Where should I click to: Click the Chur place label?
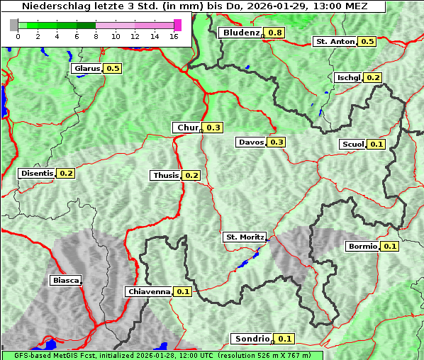pyautogui.click(x=188, y=128)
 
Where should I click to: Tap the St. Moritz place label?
pyautogui.click(x=244, y=237)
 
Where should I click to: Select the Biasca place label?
pyautogui.click(x=65, y=280)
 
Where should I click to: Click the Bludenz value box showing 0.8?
pyautogui.click(x=275, y=33)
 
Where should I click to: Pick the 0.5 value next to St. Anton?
pyautogui.click(x=367, y=41)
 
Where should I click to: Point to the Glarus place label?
pyautogui.click(x=86, y=68)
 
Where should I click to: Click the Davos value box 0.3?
pyautogui.click(x=277, y=142)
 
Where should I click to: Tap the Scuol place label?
pyautogui.click(x=352, y=144)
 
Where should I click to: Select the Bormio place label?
pyautogui.click(x=362, y=247)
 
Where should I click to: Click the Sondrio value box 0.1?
pyautogui.click(x=284, y=339)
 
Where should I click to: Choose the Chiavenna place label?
pyautogui.click(x=149, y=291)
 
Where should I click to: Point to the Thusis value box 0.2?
pyautogui.click(x=191, y=175)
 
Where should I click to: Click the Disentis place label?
pyautogui.click(x=37, y=173)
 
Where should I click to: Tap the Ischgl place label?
pyautogui.click(x=348, y=77)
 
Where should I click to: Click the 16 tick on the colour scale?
pyautogui.click(x=174, y=35)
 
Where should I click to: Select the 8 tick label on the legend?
pyautogui.click(x=96, y=35)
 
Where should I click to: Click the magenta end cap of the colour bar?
pyautogui.click(x=177, y=25)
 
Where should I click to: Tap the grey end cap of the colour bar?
pyautogui.click(x=14, y=25)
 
